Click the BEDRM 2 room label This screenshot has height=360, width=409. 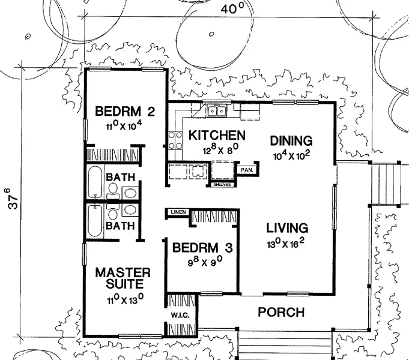125,112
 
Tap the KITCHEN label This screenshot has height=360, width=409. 217,135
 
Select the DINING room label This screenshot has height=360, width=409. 291,141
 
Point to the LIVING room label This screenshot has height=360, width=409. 287,228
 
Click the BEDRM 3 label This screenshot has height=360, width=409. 202,248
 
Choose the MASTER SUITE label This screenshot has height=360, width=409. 123,278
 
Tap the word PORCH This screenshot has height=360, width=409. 281,312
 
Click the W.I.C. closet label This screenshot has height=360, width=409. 180,316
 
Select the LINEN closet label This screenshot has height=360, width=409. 178,212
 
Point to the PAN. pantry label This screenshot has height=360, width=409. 247,170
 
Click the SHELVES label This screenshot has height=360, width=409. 222,185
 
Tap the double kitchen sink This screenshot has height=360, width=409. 217,112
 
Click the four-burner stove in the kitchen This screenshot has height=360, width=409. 175,140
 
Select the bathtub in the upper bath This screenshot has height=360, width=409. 94,182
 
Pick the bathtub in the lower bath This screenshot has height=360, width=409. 94,221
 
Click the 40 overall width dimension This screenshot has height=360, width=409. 232,8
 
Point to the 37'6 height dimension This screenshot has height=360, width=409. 13,198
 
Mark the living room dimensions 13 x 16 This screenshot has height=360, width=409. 286,244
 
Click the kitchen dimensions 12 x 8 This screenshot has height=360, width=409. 220,150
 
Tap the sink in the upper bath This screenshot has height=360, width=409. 130,193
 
